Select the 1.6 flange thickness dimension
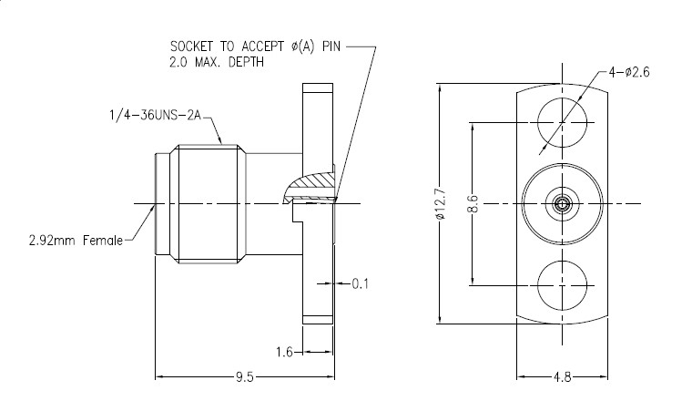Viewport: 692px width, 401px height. [x=284, y=351]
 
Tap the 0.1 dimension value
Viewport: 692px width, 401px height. [x=360, y=284]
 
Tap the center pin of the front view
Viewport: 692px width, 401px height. [x=560, y=204]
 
